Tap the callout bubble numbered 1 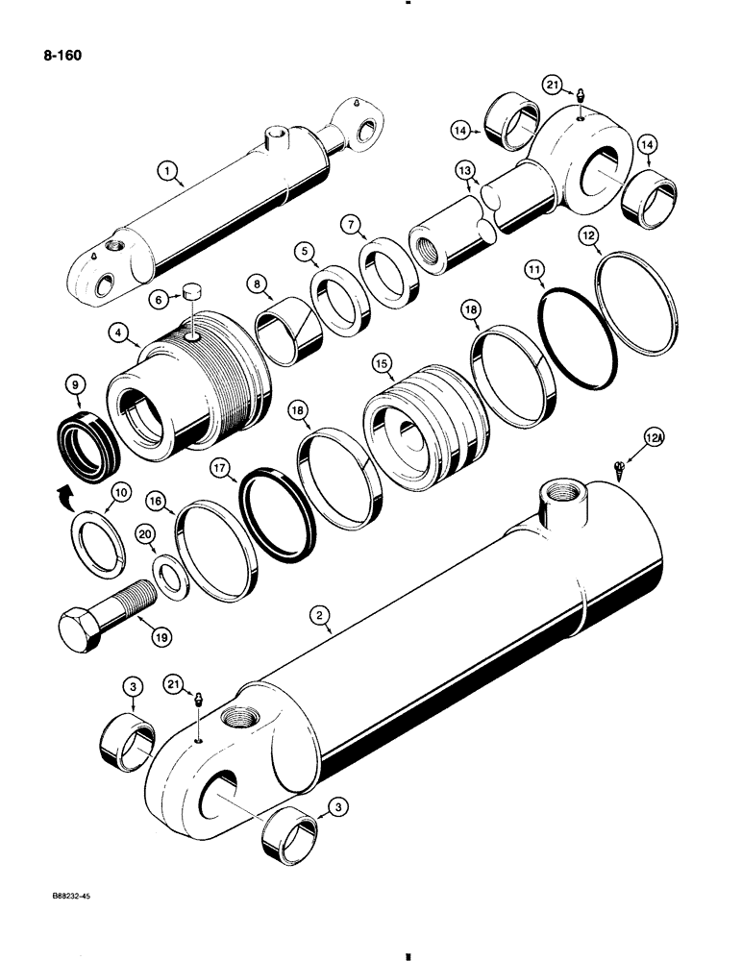click(x=169, y=173)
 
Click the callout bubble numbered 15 click(x=383, y=365)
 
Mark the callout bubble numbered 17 click(x=223, y=468)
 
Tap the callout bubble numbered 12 click(x=590, y=234)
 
